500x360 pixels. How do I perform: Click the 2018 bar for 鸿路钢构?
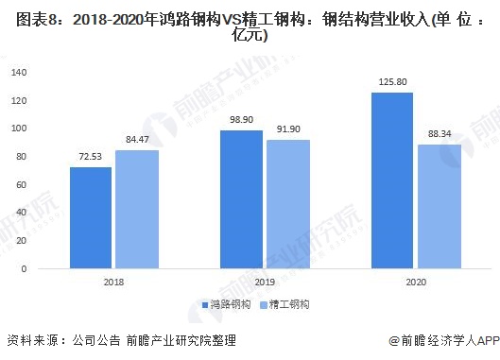(x=91, y=218)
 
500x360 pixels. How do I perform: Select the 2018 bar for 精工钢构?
(x=137, y=210)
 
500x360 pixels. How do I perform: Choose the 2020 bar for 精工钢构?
(x=438, y=207)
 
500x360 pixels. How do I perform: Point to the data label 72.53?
(x=92, y=160)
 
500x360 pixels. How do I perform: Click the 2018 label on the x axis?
(x=113, y=283)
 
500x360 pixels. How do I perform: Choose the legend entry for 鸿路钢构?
(x=228, y=305)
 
